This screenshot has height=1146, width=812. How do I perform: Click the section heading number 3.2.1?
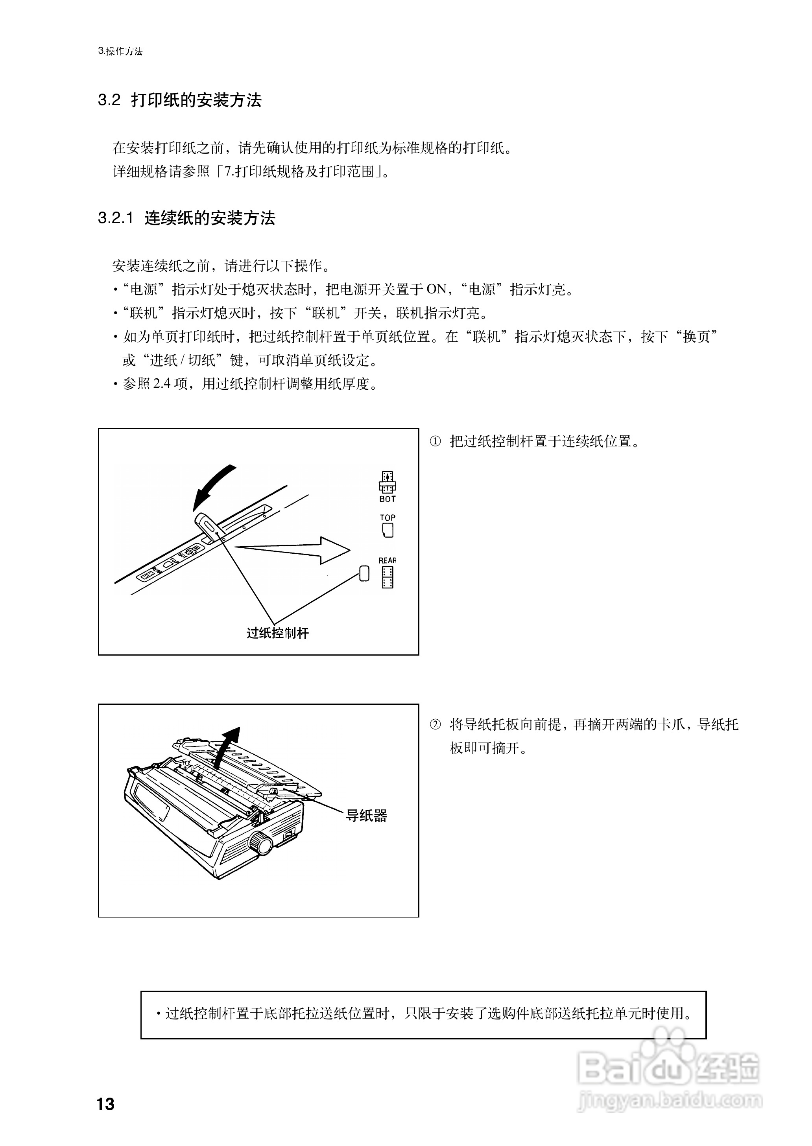pos(116,218)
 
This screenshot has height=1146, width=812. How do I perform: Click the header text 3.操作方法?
pos(120,52)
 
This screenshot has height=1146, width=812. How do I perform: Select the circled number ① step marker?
pos(436,442)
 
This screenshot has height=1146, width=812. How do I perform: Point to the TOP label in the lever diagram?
pos(388,518)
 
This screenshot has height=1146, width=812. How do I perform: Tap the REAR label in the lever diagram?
pos(388,561)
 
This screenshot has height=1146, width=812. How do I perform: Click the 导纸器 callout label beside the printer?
pos(367,816)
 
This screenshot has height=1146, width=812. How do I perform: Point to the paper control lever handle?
pos(207,524)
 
